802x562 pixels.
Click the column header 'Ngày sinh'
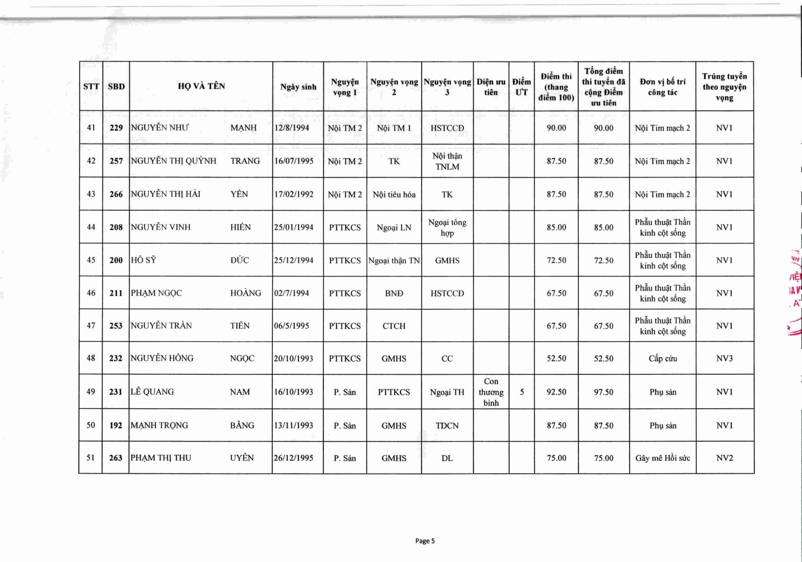coord(298,87)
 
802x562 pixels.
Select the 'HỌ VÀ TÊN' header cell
coord(201,86)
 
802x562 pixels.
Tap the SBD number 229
coord(116,128)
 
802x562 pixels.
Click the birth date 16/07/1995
coord(294,161)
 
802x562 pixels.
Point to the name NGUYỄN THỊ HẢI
coord(165,194)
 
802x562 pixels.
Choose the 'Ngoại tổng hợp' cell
coord(447,227)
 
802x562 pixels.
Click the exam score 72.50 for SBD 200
coord(556,260)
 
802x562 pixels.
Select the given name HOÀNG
coord(245,293)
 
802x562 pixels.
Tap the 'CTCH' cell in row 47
coord(394,326)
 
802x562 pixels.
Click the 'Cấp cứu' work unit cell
coord(662,359)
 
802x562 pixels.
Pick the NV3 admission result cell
coord(724,359)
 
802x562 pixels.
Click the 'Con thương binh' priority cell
coord(491,392)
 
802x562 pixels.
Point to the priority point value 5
coord(522,392)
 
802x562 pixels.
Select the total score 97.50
coord(604,392)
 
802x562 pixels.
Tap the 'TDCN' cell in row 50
coord(447,426)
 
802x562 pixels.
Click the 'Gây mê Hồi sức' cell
coord(662,458)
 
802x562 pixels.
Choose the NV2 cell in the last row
coord(724,458)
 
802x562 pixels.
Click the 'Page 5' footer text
coord(425,541)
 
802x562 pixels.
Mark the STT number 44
coord(91,227)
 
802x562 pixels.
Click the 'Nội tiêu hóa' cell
coord(394,195)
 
